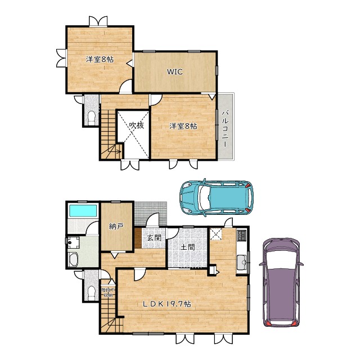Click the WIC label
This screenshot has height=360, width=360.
click(174, 72)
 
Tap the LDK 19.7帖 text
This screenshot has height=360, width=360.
click(166, 304)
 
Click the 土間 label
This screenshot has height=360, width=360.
click(188, 246)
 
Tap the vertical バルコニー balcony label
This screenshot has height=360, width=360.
click(225, 126)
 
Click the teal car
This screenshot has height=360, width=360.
click(216, 196)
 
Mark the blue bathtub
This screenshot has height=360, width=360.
click(82, 211)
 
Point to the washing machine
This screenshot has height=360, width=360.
click(72, 242)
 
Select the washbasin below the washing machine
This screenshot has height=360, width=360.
click(73, 260)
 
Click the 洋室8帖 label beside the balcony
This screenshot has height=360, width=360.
click(183, 126)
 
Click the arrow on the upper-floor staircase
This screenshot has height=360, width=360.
click(116, 150)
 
